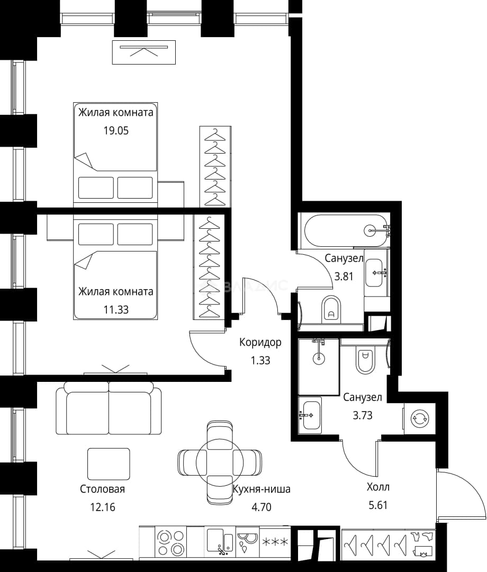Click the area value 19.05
tap(116, 131)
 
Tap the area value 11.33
tap(116, 310)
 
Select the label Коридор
tap(260, 343)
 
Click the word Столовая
tap(103, 489)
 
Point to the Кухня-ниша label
tap(261, 489)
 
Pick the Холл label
tap(378, 487)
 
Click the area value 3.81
tap(344, 276)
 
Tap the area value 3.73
tap(362, 416)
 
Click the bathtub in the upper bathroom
tap(346, 230)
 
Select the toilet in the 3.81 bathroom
tap(331, 309)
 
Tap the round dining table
tap(220, 462)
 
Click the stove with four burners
tap(170, 542)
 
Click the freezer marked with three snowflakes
tap(275, 542)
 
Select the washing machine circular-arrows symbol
tap(420, 418)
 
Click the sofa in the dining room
tap(109, 408)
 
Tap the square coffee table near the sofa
tap(109, 464)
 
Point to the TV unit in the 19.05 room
tap(143, 52)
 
